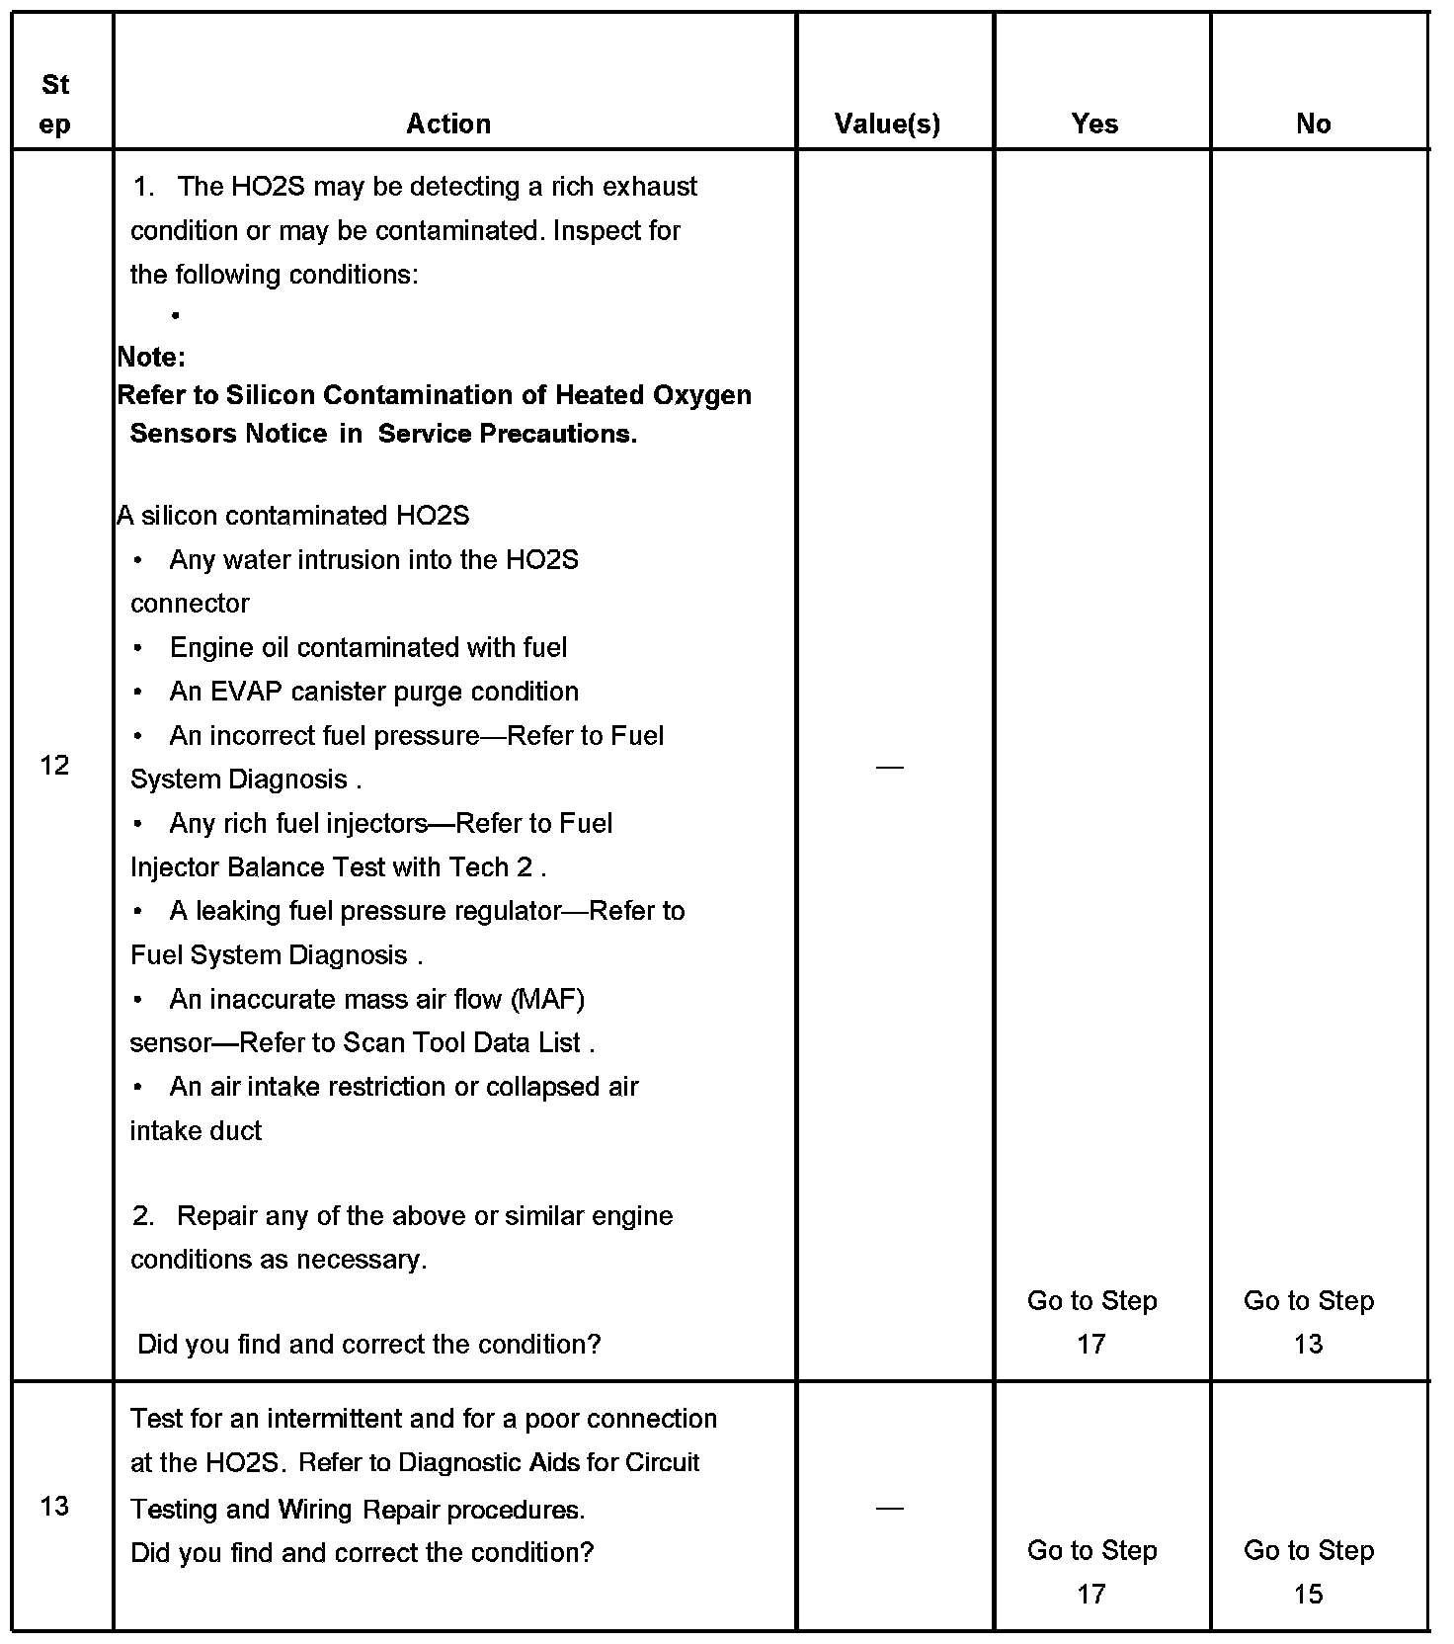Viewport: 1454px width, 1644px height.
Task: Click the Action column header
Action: pos(448,123)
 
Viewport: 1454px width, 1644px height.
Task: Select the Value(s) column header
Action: pos(887,123)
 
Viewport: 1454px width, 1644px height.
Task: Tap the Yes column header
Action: pos(1094,123)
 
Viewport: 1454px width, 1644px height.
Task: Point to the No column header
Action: pos(1313,123)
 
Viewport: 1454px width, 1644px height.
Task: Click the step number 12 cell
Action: pos(55,764)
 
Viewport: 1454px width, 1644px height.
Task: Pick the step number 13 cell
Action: pos(55,1506)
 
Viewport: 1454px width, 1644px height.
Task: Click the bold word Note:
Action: pos(151,357)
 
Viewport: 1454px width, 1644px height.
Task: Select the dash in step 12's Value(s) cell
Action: pos(889,766)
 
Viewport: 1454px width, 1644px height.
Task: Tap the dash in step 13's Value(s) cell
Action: pos(889,1508)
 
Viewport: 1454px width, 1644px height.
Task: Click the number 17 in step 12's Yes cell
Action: pos(1090,1344)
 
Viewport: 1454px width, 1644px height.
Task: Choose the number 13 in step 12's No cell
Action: pos(1308,1344)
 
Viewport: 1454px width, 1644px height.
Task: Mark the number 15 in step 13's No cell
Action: pos(1308,1594)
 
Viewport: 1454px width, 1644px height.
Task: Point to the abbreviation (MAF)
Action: pos(548,999)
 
